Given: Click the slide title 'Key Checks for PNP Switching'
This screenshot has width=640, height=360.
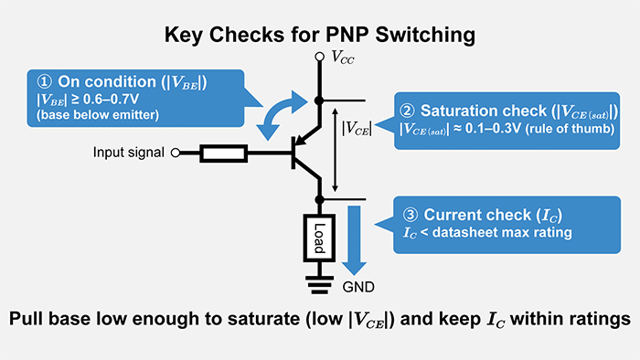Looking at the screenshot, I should click(x=319, y=35).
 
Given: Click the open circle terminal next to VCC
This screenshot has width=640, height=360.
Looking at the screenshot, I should click(x=319, y=58).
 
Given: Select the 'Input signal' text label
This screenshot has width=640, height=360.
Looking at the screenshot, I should click(x=129, y=152).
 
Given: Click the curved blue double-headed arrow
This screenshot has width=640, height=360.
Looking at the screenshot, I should click(x=278, y=113).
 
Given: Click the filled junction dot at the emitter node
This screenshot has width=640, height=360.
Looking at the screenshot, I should click(x=319, y=100).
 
